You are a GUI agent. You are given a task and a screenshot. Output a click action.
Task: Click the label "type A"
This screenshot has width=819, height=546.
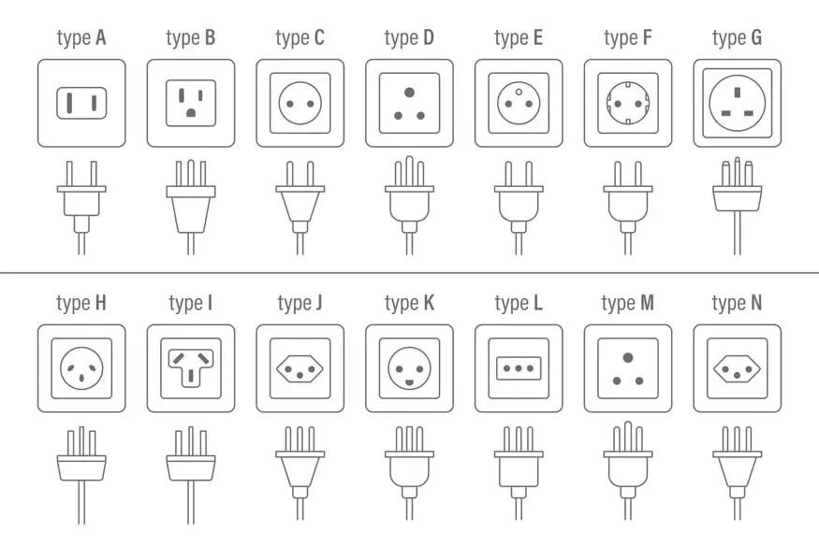pyautogui.click(x=81, y=38)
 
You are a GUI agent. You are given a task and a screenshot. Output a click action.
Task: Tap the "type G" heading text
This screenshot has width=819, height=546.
pyautogui.click(x=737, y=38)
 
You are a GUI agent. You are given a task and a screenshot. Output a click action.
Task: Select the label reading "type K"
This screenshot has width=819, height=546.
pyautogui.click(x=410, y=303)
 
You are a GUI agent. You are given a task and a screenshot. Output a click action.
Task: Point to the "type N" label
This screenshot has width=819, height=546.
pyautogui.click(x=737, y=303)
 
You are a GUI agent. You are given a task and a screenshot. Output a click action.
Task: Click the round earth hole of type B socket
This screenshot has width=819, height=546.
pyautogui.click(x=191, y=112)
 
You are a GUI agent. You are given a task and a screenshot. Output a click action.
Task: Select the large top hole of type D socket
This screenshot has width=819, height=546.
pyautogui.click(x=410, y=93)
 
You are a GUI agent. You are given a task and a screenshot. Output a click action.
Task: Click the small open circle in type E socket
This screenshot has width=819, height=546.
pyautogui.click(x=519, y=93)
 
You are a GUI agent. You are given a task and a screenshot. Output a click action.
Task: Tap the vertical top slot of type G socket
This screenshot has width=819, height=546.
pyautogui.click(x=737, y=93)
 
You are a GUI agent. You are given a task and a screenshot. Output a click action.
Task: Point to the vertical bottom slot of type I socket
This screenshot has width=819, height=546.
pyautogui.click(x=191, y=376)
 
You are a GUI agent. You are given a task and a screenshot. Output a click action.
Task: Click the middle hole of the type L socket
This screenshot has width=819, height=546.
pyautogui.click(x=519, y=368)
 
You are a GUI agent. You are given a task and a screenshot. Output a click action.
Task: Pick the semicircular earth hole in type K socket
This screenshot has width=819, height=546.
pyautogui.click(x=410, y=382)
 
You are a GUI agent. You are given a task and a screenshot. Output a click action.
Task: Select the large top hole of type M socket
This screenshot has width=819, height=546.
pyautogui.click(x=628, y=358)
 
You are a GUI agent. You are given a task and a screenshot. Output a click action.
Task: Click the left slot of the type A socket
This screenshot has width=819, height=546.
pyautogui.click(x=69, y=103)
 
